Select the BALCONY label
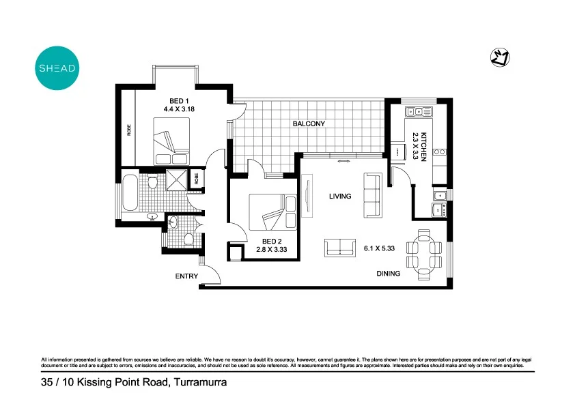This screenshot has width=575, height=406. click(309, 124)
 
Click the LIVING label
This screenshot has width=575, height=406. click(339, 197)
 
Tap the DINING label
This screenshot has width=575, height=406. click(389, 274)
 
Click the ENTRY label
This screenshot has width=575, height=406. click(186, 276)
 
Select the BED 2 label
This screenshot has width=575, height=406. click(272, 242)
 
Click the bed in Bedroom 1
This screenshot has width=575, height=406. click(171, 140)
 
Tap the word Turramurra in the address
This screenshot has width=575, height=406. click(201, 383)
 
